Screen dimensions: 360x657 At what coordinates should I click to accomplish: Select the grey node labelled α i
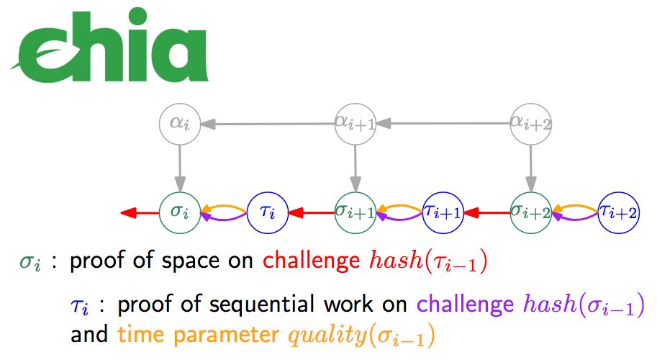[178, 124]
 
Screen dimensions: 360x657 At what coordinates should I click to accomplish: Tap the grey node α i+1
[353, 124]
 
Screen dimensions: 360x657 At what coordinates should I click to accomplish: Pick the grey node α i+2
[531, 124]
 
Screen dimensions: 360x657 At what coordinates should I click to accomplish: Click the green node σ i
[178, 212]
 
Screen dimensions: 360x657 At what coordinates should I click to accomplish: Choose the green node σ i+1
[354, 212]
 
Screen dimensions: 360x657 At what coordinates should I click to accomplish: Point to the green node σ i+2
[531, 212]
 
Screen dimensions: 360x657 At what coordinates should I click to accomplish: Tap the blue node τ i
[267, 212]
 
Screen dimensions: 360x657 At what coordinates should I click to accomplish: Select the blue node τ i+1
[442, 212]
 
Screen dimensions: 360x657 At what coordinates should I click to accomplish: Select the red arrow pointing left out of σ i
[140, 212]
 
